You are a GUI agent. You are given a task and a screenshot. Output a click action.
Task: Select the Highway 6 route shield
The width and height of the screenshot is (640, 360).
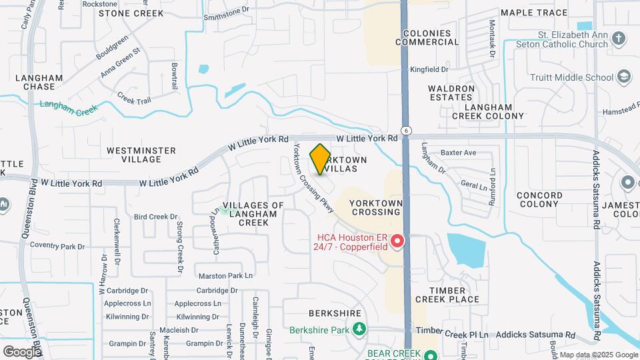[405, 129]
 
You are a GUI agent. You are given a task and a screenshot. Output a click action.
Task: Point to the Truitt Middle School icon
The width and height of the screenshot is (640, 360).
[624, 77]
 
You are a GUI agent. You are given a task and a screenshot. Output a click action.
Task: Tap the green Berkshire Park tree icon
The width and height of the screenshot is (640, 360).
[359, 329]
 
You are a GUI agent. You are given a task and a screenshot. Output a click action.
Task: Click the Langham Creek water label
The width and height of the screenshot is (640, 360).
[69, 105]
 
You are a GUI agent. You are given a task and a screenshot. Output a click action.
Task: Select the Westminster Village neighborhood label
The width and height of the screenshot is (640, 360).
[141, 155]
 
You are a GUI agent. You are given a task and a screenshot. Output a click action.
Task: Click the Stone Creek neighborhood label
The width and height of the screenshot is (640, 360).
[131, 13]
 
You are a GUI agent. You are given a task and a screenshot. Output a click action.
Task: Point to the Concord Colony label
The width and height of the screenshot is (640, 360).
[539, 200]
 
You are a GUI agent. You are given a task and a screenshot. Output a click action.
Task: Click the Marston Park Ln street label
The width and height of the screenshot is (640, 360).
[226, 275]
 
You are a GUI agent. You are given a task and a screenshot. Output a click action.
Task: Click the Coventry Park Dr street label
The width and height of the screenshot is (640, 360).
[57, 247]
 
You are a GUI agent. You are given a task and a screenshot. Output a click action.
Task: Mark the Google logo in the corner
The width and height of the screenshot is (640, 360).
[22, 351]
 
